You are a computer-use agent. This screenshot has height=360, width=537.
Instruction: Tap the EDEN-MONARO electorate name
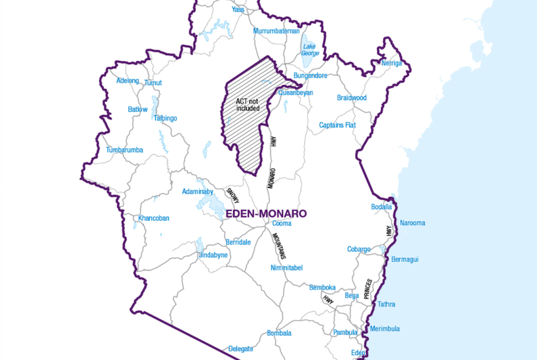coord(265,213)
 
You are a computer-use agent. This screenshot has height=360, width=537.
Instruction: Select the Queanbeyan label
coord(295,93)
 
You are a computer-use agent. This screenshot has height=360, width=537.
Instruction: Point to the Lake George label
coord(310,50)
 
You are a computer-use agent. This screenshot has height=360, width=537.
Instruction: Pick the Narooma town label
coord(412,223)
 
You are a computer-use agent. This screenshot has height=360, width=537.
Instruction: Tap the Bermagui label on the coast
coord(404,260)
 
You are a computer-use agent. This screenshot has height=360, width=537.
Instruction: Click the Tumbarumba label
coord(124,151)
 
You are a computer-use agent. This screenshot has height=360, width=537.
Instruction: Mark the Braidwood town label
coord(352,98)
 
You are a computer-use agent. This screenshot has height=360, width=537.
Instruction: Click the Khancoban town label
coord(154,218)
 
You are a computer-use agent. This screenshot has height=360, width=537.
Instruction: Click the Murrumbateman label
coord(276,31)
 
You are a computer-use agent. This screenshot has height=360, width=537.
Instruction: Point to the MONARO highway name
coord(271,179)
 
